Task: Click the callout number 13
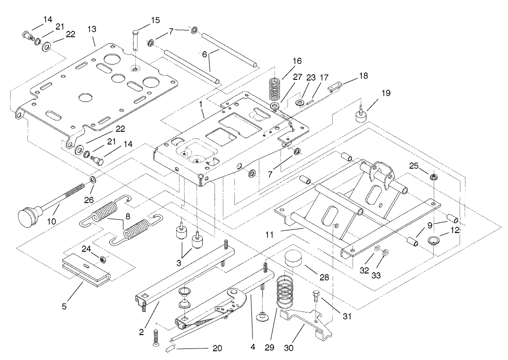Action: [92, 29]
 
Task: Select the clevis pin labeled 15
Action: [134, 46]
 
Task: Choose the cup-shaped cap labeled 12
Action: [434, 240]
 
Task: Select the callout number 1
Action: [201, 104]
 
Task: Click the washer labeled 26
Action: [93, 179]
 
